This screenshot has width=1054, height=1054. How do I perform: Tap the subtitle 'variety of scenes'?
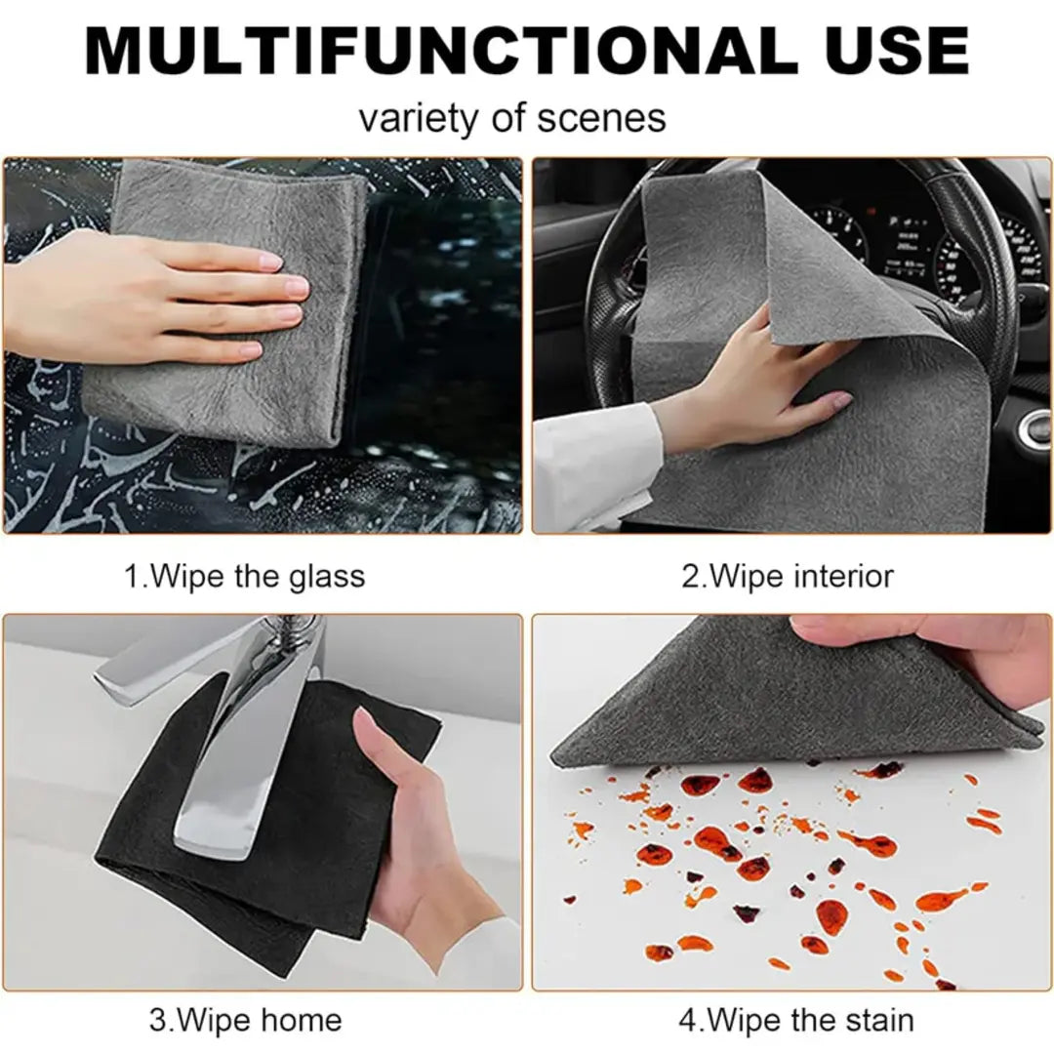[512, 118]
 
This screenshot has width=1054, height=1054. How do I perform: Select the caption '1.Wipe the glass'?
[244, 576]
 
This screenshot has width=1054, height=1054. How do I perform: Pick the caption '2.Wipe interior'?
[787, 576]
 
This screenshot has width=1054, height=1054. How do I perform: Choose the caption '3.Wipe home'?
[245, 1021]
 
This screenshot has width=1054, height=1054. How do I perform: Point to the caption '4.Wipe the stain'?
[796, 1021]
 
